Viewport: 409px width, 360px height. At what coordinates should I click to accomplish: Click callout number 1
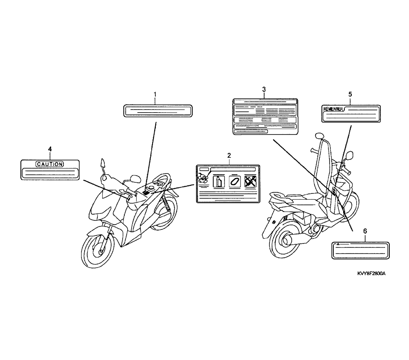(155, 94)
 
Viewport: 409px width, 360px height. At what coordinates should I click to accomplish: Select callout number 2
(229, 155)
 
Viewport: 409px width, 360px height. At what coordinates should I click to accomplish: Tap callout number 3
(264, 89)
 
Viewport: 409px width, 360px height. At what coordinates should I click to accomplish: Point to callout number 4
(50, 150)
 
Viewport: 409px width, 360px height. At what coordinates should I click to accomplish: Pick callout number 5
(350, 94)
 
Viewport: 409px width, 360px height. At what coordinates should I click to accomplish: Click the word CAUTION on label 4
(50, 164)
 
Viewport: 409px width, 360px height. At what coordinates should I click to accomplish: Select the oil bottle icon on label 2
(219, 181)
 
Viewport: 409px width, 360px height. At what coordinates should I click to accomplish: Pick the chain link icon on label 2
(234, 181)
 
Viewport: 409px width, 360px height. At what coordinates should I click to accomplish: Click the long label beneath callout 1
(157, 110)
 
